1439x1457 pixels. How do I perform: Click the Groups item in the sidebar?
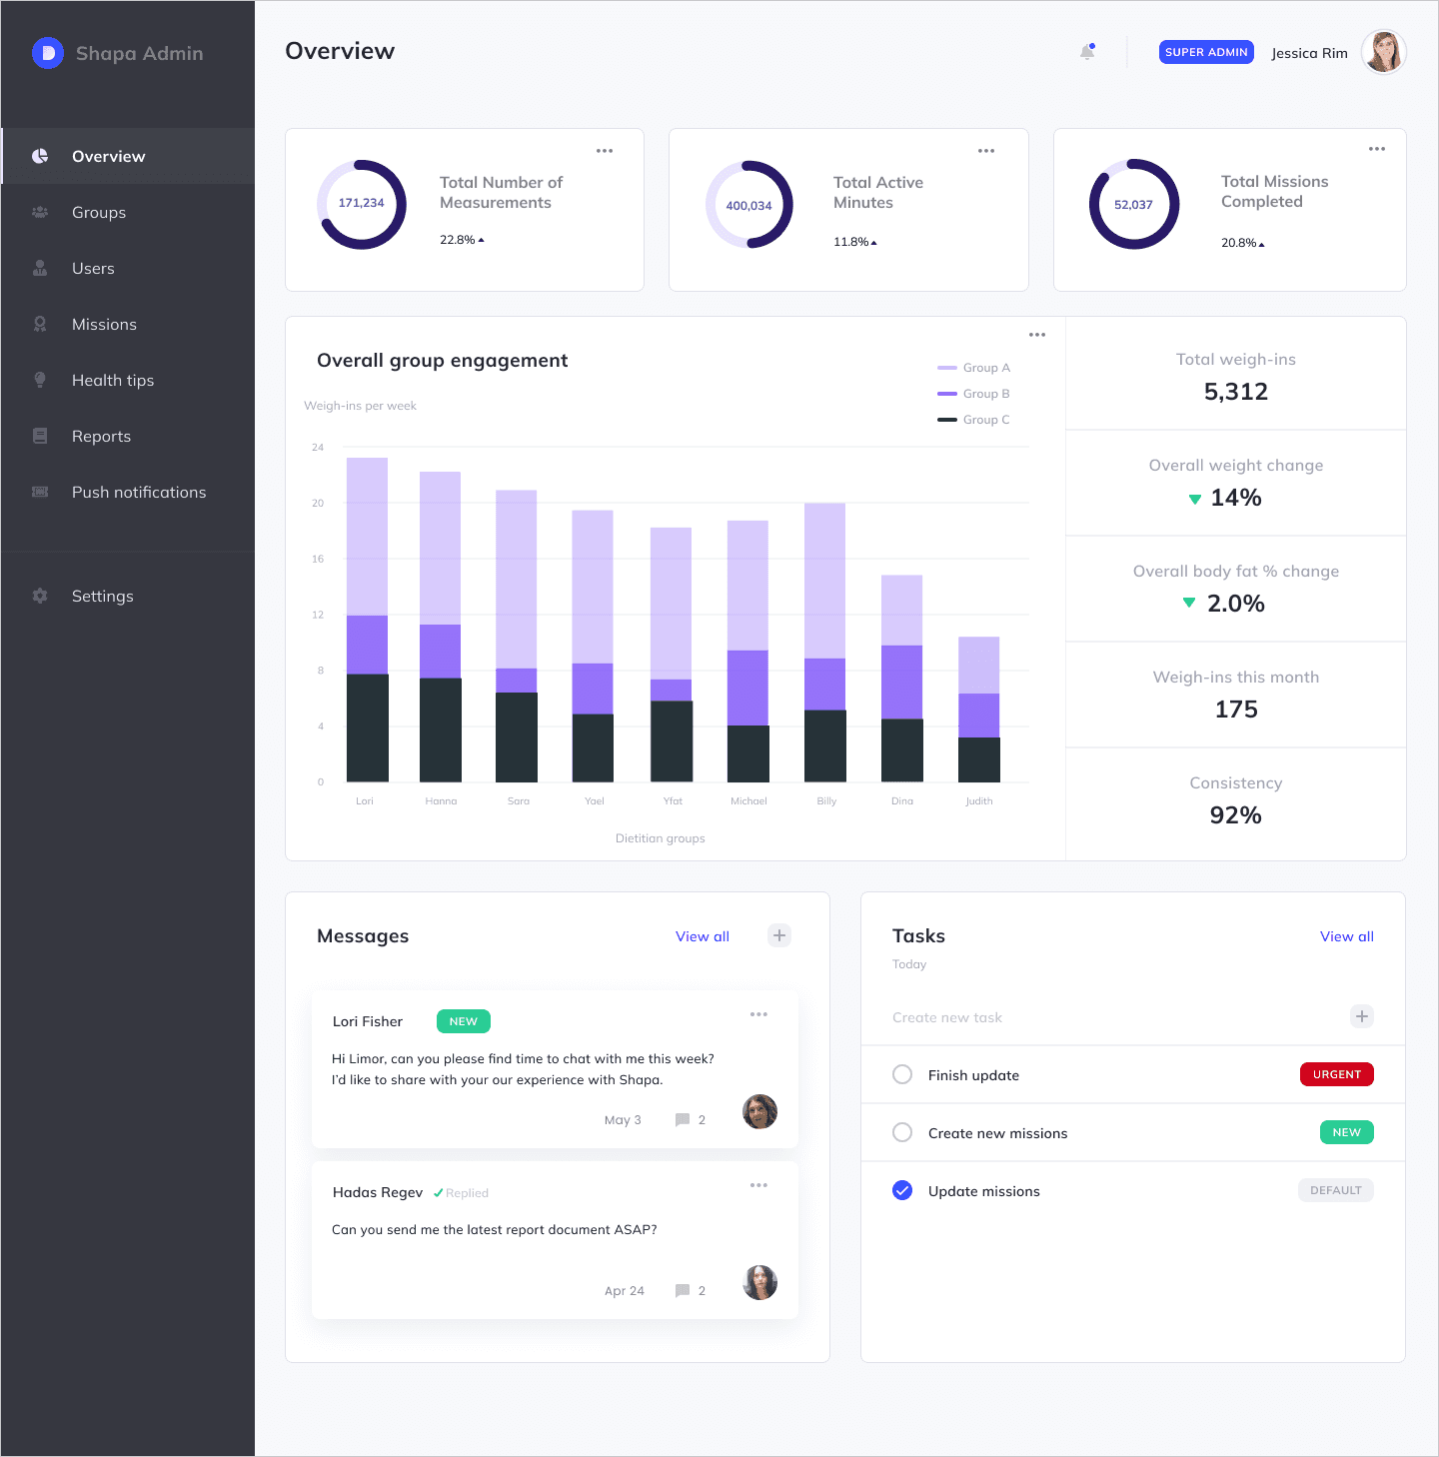pos(98,212)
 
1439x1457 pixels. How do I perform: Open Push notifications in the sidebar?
pos(138,492)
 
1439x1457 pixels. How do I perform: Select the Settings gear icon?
pos(40,596)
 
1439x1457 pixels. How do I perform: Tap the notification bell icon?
pos(1087,52)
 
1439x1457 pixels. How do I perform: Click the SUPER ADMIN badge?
pos(1206,52)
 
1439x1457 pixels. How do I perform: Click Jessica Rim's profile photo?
pos(1383,52)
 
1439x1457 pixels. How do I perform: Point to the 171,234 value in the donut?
pos(361,203)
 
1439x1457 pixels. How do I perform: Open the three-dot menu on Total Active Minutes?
pos(986,151)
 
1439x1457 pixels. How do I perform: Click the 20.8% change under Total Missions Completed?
pos(1242,243)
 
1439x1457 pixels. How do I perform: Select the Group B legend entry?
pos(974,394)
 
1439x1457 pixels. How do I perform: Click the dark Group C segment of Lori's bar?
pos(367,728)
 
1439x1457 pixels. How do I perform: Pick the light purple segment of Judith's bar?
pos(978,665)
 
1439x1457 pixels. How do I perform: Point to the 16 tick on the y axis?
pos(318,559)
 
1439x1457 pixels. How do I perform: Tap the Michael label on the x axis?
pos(748,800)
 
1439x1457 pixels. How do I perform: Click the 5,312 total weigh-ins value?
pos(1235,392)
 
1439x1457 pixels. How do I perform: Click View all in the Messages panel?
pos(702,936)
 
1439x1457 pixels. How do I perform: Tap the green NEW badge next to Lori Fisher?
pos(464,1021)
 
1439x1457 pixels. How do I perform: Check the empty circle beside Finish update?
pos(902,1074)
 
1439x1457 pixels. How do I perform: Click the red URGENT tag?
pos(1336,1074)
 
